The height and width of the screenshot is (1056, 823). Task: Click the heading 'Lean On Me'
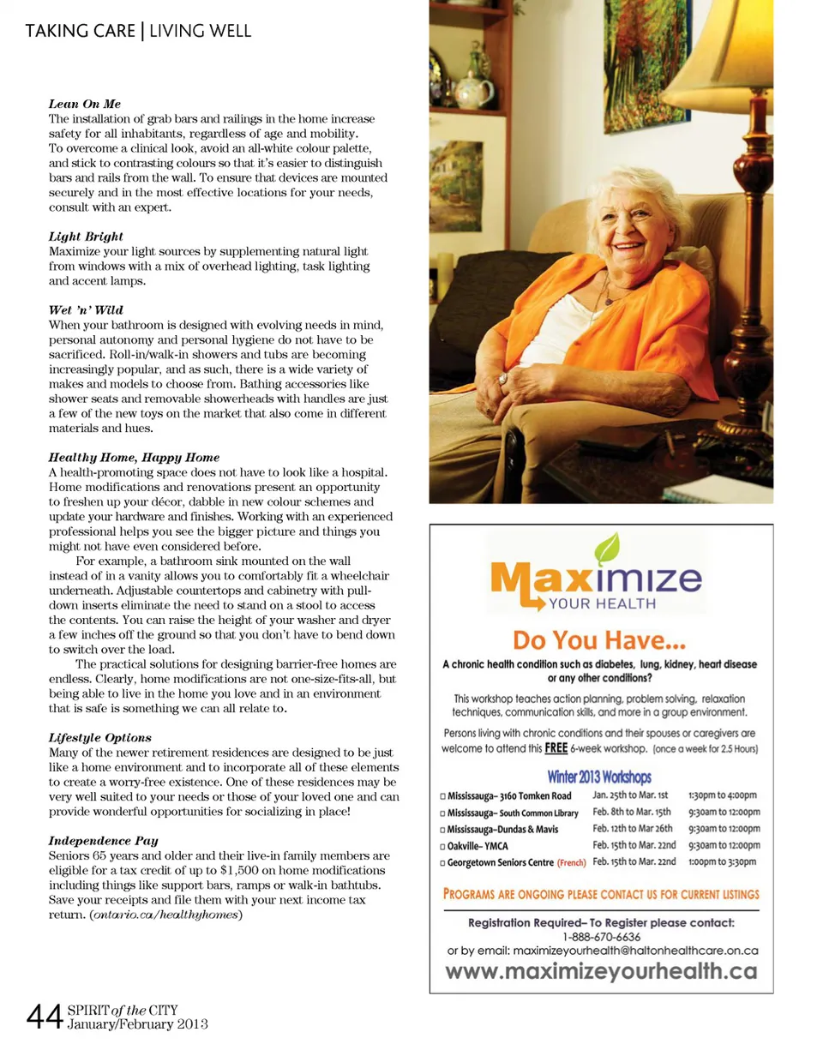pos(84,104)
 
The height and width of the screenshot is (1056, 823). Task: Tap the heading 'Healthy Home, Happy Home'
pos(134,457)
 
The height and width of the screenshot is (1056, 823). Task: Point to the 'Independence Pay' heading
pos(103,840)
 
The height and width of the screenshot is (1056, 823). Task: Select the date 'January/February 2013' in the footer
pos(138,1024)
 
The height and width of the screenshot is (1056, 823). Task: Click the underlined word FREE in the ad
pos(556,747)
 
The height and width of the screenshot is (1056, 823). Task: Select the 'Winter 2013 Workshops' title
pos(599,777)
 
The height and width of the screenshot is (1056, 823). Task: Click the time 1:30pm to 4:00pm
pos(724,795)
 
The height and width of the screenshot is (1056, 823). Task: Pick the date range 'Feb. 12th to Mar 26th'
pos(633,829)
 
